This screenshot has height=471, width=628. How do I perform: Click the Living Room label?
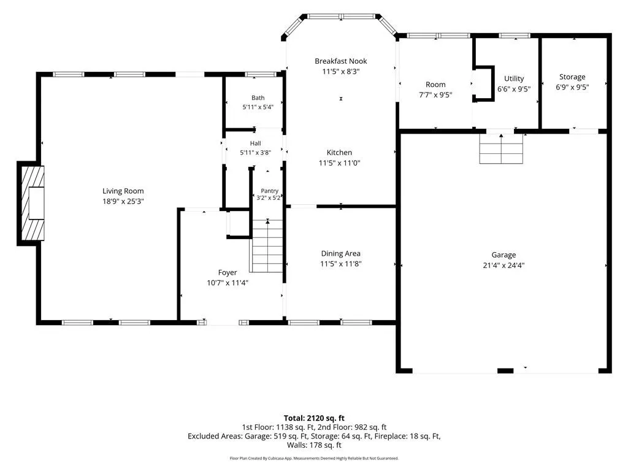pos(123,191)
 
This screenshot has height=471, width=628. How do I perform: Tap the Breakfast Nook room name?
pos(341,61)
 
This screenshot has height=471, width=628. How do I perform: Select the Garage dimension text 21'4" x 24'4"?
pos(504,265)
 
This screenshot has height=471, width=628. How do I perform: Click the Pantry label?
pos(270,191)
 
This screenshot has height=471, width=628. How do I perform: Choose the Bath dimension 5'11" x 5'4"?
pos(258,107)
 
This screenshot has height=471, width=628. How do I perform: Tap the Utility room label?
pos(514,78)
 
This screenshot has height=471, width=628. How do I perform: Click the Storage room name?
pos(572,77)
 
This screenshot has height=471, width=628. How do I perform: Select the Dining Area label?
pos(341,253)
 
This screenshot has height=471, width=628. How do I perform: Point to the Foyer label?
pos(228,272)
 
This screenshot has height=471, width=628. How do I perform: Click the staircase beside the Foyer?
pos(267,246)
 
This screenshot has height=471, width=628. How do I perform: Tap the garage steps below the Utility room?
pos(501,148)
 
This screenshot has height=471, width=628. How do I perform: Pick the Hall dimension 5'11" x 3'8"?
pos(256,153)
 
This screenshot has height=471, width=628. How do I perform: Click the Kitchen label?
pos(339,152)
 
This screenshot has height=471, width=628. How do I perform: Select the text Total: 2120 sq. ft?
pos(314,418)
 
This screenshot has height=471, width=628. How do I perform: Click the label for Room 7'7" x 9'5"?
pos(435,85)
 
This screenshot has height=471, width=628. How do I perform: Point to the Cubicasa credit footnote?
pos(314,458)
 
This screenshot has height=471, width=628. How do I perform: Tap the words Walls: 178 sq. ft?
pos(314,445)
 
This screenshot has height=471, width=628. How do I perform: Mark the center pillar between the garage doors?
pos(505,371)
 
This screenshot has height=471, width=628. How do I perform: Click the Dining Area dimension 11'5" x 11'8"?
pos(341,264)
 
